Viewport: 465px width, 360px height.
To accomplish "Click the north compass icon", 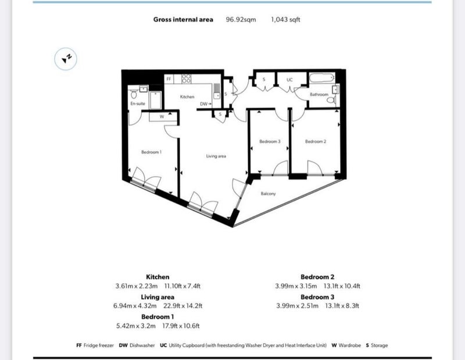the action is [66, 59].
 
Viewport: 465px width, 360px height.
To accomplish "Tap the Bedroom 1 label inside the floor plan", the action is [151, 152].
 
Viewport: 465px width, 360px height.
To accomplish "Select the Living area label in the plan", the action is [216, 156].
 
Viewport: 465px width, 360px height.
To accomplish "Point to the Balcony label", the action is [268, 194].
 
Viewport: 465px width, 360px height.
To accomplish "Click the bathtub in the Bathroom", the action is [322, 79].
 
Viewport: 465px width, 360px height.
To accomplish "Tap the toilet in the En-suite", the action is [134, 94].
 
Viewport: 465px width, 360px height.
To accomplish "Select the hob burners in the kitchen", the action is [186, 79].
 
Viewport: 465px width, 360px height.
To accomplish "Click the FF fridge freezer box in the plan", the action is [169, 79].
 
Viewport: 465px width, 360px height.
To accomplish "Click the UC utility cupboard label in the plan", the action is [289, 80].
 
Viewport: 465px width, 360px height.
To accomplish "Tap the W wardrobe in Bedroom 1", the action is [162, 117].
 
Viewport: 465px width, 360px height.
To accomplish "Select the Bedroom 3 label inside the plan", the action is [270, 141].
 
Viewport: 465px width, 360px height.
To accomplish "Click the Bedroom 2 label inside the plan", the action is [316, 141].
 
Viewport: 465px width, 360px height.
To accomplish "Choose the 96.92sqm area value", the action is [241, 20].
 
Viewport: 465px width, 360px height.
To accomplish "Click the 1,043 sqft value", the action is [285, 20].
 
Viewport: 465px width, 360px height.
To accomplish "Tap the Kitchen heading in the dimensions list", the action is [158, 277].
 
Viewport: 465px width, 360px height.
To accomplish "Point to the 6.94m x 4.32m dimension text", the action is [135, 306].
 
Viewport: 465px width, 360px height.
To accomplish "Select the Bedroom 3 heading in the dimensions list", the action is [317, 297].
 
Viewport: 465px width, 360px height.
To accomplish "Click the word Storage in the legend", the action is [380, 345].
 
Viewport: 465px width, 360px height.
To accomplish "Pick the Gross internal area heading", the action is [183, 20].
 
